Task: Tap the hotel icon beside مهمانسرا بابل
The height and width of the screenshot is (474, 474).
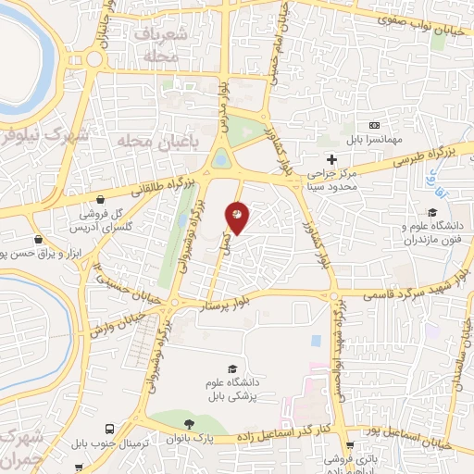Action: (374, 126)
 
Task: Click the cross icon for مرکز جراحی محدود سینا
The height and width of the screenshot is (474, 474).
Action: (331, 159)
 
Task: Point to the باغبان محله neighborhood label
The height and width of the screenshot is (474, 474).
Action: (154, 141)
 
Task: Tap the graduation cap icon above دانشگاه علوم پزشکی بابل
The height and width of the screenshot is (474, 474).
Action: (231, 368)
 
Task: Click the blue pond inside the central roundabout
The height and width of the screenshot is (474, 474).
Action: (222, 160)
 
